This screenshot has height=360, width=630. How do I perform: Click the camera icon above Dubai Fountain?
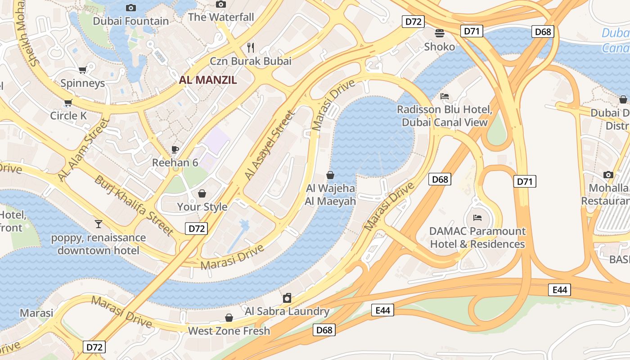pyautogui.click(x=131, y=8)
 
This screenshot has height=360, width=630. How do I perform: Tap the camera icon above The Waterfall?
pyautogui.click(x=220, y=4)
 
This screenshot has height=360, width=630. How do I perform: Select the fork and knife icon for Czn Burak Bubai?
pyautogui.click(x=251, y=47)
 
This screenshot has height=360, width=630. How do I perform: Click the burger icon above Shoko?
pyautogui.click(x=439, y=33)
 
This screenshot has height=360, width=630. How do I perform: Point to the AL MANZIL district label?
pyautogui.click(x=208, y=80)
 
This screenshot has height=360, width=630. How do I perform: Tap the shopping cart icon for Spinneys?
pyautogui.click(x=82, y=70)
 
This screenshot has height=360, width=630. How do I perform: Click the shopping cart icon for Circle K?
pyautogui.click(x=68, y=103)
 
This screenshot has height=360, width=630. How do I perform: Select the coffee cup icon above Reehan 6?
pyautogui.click(x=175, y=149)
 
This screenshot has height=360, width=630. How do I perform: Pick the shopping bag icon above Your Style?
pyautogui.click(x=202, y=193)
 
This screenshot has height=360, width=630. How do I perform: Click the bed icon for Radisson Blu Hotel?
pyautogui.click(x=445, y=96)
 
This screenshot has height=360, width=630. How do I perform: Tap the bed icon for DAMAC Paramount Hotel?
pyautogui.click(x=477, y=218)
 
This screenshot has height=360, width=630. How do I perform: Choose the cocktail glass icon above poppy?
pyautogui.click(x=98, y=224)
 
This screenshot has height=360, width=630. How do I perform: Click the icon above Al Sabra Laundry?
pyautogui.click(x=287, y=298)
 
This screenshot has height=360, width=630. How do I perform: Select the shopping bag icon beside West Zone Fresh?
pyautogui.click(x=229, y=318)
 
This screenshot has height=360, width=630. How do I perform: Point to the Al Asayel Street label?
pyautogui.click(x=269, y=145)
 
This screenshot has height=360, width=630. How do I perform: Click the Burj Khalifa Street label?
pyautogui.click(x=134, y=205)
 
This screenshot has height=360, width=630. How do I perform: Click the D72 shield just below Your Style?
pyautogui.click(x=196, y=229)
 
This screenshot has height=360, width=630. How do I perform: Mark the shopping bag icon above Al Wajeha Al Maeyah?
pyautogui.click(x=330, y=175)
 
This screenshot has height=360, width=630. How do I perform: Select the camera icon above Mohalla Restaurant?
pyautogui.click(x=608, y=175)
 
